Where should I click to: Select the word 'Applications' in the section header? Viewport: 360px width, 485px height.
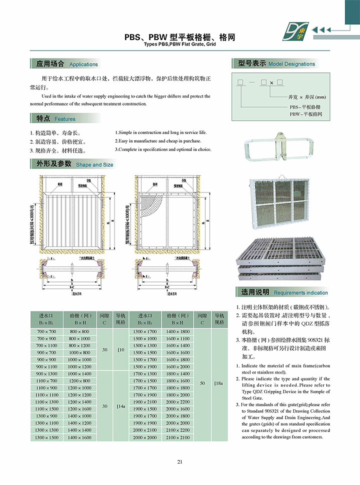coord(83,64)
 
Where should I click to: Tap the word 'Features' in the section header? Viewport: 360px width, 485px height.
coord(65,119)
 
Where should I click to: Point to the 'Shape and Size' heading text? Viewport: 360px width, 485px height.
coord(94,164)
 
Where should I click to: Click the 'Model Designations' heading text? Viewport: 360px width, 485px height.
coord(291,64)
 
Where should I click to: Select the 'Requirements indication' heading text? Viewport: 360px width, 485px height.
coord(301,292)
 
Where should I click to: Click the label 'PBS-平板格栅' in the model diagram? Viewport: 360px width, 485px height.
coord(305,107)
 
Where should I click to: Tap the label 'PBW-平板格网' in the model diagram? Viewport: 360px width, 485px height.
coord(305,114)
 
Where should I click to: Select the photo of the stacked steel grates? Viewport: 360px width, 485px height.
coord(283,257)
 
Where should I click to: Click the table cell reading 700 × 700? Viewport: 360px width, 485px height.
coord(47,331)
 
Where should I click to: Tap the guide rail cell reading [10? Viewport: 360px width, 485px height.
coord(120,349)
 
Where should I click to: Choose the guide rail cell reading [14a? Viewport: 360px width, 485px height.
coord(120,406)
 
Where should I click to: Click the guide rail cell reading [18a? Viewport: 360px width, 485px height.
coord(218,383)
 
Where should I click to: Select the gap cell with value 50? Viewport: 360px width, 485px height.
coord(202,383)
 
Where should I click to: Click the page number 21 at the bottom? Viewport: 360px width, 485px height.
coord(179,461)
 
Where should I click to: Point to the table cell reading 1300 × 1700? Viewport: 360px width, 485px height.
coord(145,331)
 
